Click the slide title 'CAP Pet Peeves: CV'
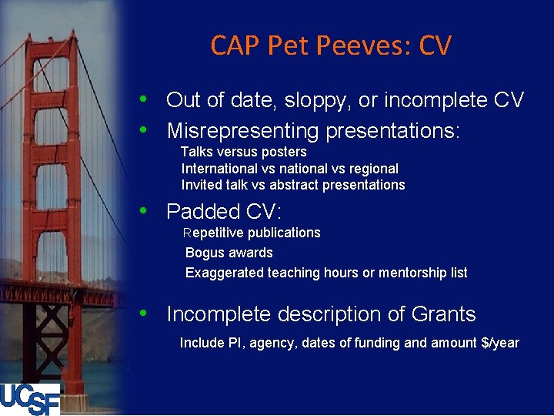click(331, 46)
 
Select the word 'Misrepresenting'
click(242, 131)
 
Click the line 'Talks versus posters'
click(243, 152)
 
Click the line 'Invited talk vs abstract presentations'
click(292, 185)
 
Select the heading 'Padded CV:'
click(224, 211)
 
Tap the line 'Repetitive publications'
click(252, 233)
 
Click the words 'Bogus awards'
click(229, 253)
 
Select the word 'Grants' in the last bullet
click(444, 314)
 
